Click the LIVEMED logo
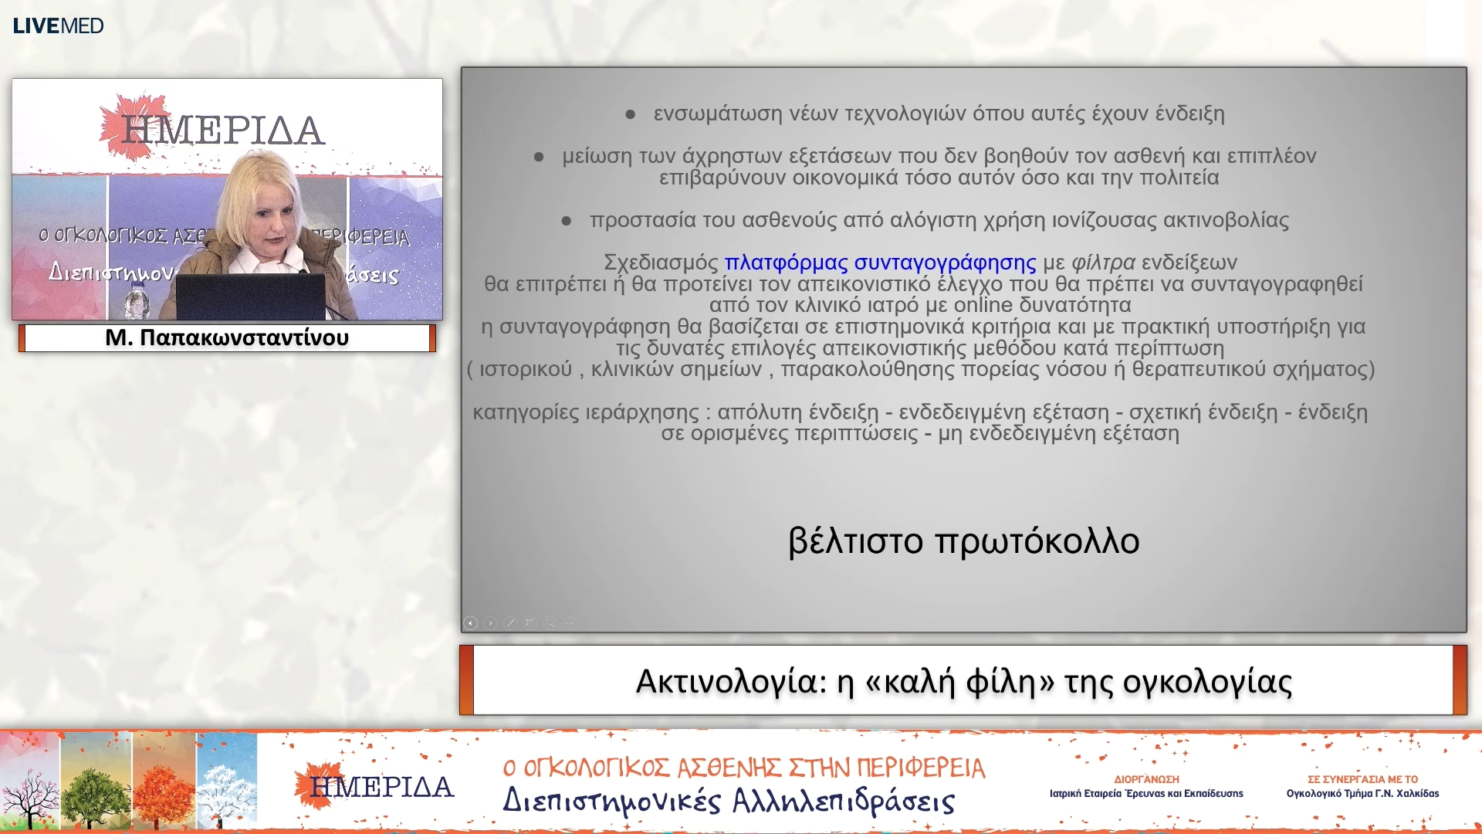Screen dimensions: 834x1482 coord(58,25)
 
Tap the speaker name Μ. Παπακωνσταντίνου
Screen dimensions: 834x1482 coord(227,337)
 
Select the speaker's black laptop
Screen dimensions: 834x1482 coord(251,297)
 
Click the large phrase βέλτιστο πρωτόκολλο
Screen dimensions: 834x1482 coord(963,541)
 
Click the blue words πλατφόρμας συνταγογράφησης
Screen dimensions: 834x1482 coord(880,263)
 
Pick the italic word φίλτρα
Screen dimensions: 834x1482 coord(1103,263)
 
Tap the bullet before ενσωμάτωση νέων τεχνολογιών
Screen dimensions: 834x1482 coord(630,114)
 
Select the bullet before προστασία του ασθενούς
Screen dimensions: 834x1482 coord(566,221)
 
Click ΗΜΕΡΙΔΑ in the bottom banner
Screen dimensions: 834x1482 coord(381,787)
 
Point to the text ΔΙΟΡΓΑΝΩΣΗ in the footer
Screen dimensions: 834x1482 coord(1146,779)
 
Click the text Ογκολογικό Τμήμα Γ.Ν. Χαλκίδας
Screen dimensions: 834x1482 coord(1362,793)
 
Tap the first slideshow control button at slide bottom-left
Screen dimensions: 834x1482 coord(471,622)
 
